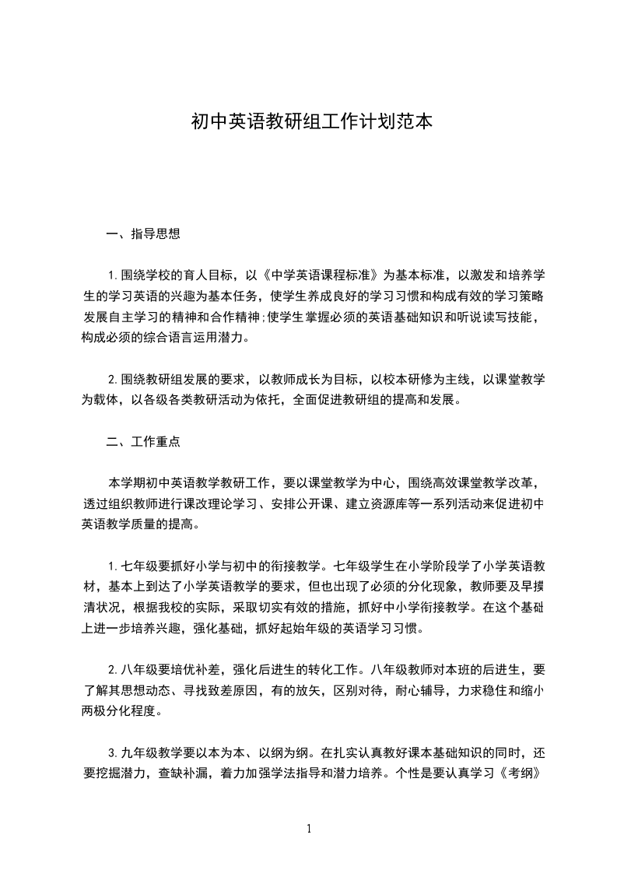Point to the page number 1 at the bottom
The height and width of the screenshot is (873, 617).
[x=309, y=829]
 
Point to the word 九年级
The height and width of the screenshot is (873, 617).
[x=141, y=753]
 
